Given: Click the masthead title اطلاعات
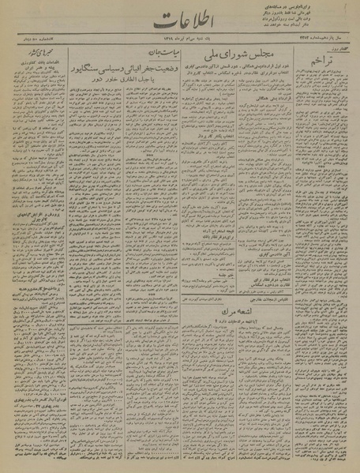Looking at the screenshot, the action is click(182, 24).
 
